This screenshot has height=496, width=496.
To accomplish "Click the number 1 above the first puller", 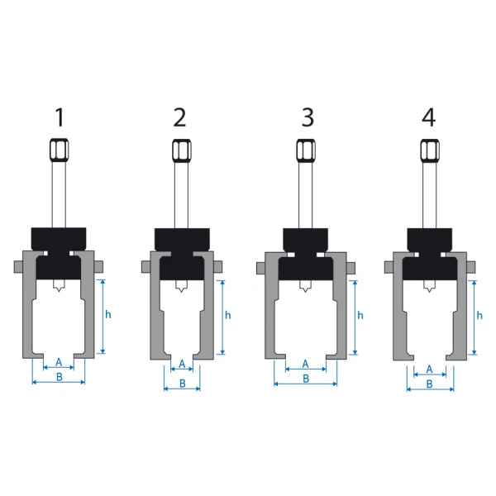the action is pos(60,117).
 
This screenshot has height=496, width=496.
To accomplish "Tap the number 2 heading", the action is pos(179,117).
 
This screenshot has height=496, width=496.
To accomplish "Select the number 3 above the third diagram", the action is pos(308,117).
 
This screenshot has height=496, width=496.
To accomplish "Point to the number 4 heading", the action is pos(428,117).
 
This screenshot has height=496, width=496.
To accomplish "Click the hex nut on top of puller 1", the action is pos(60,150).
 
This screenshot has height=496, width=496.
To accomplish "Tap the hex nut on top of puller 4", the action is pos(430,150).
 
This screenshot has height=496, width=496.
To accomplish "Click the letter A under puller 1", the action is pos(59,362).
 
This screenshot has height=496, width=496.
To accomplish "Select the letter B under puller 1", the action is pos(60,377).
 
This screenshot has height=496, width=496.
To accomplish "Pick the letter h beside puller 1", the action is pos(108,314).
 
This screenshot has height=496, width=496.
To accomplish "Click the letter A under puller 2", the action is pos(182,364).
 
